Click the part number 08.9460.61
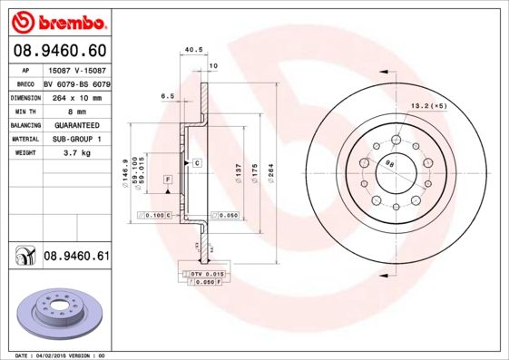pyautogui.click(x=76, y=258)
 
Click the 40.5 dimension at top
pyautogui.click(x=191, y=52)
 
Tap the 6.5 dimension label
pyautogui.click(x=167, y=95)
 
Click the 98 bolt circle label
pyautogui.click(x=389, y=164)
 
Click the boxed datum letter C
pyautogui.click(x=196, y=161)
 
